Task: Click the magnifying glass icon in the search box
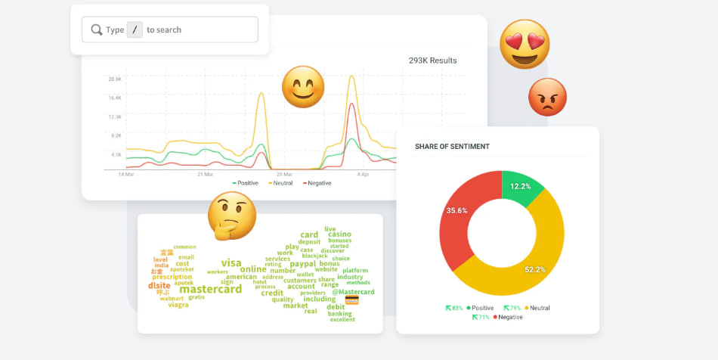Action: pyautogui.click(x=97, y=29)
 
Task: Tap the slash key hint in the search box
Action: pyautogui.click(x=135, y=29)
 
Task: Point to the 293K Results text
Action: pyautogui.click(x=432, y=61)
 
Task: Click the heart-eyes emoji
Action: pyautogui.click(x=525, y=44)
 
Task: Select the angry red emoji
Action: pyautogui.click(x=547, y=97)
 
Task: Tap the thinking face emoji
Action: pyautogui.click(x=232, y=216)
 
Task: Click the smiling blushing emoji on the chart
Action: pyautogui.click(x=303, y=86)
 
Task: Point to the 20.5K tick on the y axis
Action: pyautogui.click(x=115, y=79)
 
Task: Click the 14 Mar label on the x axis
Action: pyautogui.click(x=126, y=174)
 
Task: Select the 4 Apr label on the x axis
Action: pyautogui.click(x=363, y=174)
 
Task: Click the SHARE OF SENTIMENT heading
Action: pyautogui.click(x=452, y=146)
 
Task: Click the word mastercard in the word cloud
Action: pyautogui.click(x=211, y=289)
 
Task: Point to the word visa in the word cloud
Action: pyautogui.click(x=231, y=262)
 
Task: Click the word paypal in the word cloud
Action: pyautogui.click(x=302, y=264)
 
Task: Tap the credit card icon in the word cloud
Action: pyautogui.click(x=351, y=299)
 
